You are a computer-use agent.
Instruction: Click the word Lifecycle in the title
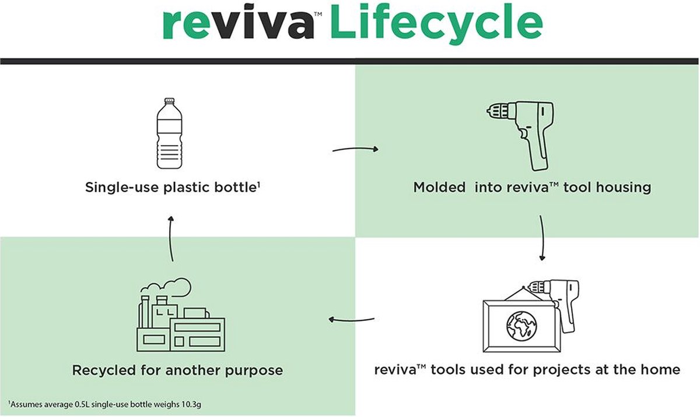point(436,23)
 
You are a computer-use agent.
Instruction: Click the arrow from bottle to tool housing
point(355,150)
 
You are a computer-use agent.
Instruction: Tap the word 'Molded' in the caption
point(437,188)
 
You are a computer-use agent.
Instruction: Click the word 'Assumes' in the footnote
point(27,404)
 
